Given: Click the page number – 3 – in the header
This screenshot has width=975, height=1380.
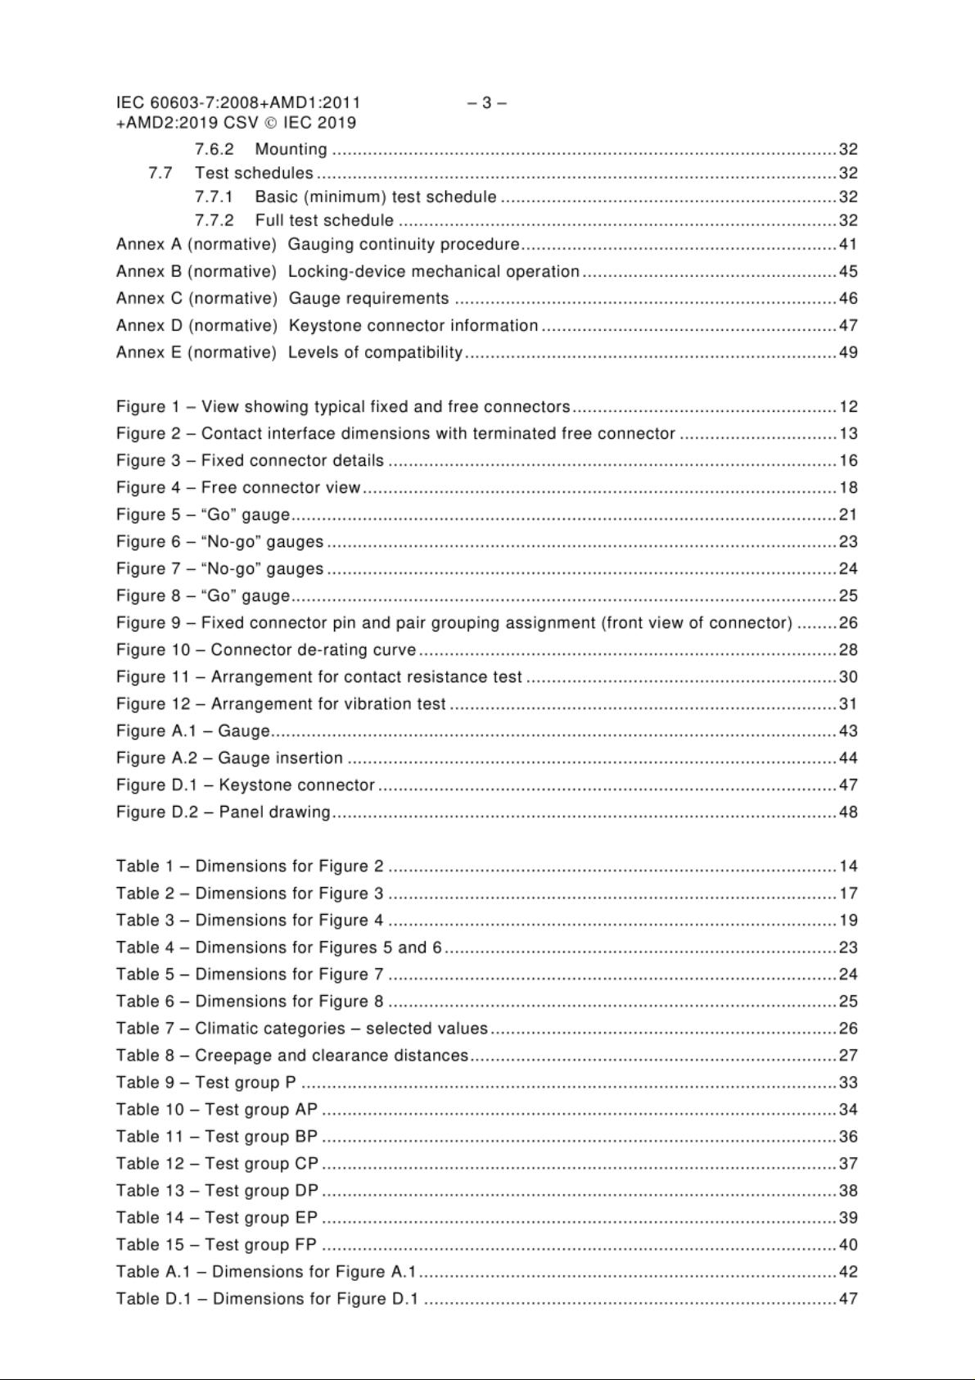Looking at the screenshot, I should (x=487, y=103).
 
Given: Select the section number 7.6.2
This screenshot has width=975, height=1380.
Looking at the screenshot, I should (x=214, y=150).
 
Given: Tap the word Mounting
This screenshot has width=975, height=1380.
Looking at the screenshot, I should (x=291, y=150).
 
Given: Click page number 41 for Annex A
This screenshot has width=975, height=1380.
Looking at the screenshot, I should (x=848, y=244).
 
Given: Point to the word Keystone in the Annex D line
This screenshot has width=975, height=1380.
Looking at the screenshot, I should (x=325, y=326).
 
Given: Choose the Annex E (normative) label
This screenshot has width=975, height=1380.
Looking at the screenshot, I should (x=196, y=353).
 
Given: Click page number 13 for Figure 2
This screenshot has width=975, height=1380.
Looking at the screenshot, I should (x=848, y=434).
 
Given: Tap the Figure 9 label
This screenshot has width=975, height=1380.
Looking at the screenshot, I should (x=144, y=623).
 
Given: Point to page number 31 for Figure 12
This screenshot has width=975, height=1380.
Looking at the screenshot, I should (x=848, y=704).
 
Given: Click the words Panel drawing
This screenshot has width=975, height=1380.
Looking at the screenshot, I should (x=275, y=812).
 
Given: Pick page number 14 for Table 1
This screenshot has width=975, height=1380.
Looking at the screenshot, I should (x=848, y=866).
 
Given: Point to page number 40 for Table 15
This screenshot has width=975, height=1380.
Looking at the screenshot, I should (x=848, y=1245).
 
